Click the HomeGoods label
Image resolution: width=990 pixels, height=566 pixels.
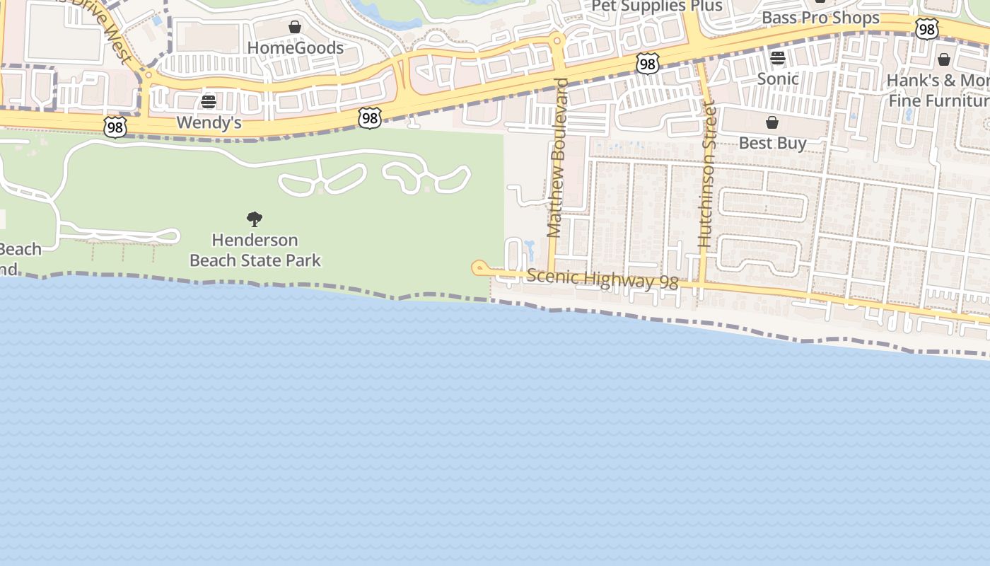tap(295, 48)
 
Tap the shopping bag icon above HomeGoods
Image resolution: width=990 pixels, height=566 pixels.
tap(295, 28)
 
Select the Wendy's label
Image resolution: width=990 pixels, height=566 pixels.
tap(209, 122)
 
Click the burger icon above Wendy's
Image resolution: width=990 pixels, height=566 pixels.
tap(209, 102)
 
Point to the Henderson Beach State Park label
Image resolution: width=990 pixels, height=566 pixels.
tap(255, 250)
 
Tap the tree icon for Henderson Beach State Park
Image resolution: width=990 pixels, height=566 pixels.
tap(255, 219)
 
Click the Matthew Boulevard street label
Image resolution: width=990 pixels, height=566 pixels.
tap(558, 158)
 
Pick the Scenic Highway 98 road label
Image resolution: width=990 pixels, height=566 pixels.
tap(602, 279)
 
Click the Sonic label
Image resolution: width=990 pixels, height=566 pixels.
tap(778, 79)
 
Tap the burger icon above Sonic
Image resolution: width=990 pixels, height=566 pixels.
tap(778, 58)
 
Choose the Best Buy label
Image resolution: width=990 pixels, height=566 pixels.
tap(772, 143)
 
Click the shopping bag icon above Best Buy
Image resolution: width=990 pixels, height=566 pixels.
tap(772, 122)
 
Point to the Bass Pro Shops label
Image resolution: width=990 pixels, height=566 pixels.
tap(820, 18)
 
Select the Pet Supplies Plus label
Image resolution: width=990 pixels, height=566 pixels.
tap(656, 6)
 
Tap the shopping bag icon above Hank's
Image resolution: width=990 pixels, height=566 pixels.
tap(944, 59)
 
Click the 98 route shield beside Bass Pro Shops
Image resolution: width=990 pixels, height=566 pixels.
tap(926, 29)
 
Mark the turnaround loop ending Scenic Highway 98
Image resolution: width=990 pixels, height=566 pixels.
tap(479, 267)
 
